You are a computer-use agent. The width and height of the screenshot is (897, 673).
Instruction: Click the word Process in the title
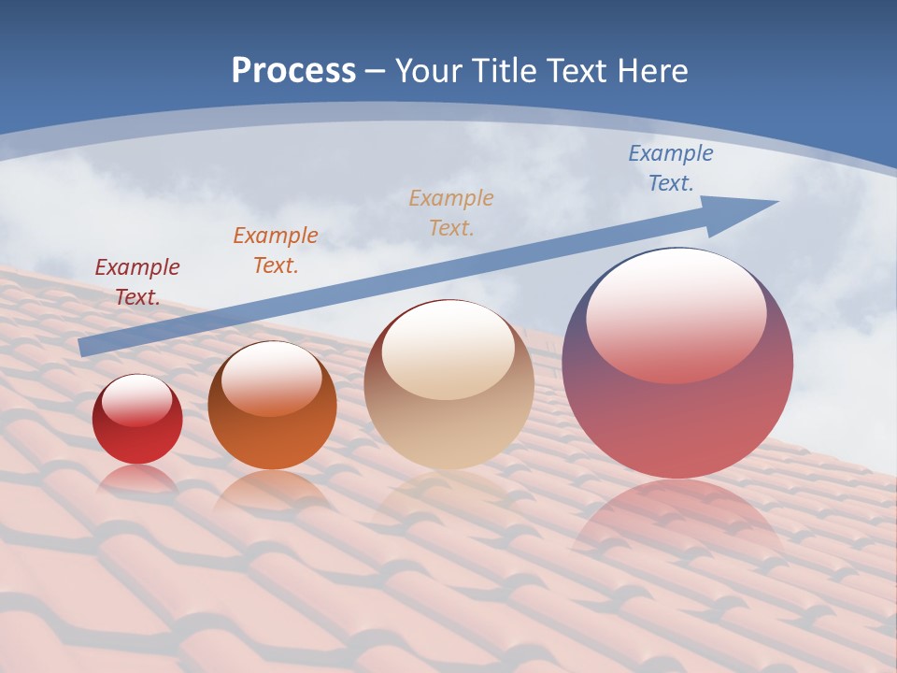pos(293,71)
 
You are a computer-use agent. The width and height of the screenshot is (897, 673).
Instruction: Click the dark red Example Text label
pos(136,282)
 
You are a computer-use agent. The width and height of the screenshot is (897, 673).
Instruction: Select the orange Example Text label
pos(275,251)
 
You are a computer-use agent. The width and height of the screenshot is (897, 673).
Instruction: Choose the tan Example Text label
pos(451,212)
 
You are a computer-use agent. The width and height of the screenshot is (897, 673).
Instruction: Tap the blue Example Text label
pos(670,168)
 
